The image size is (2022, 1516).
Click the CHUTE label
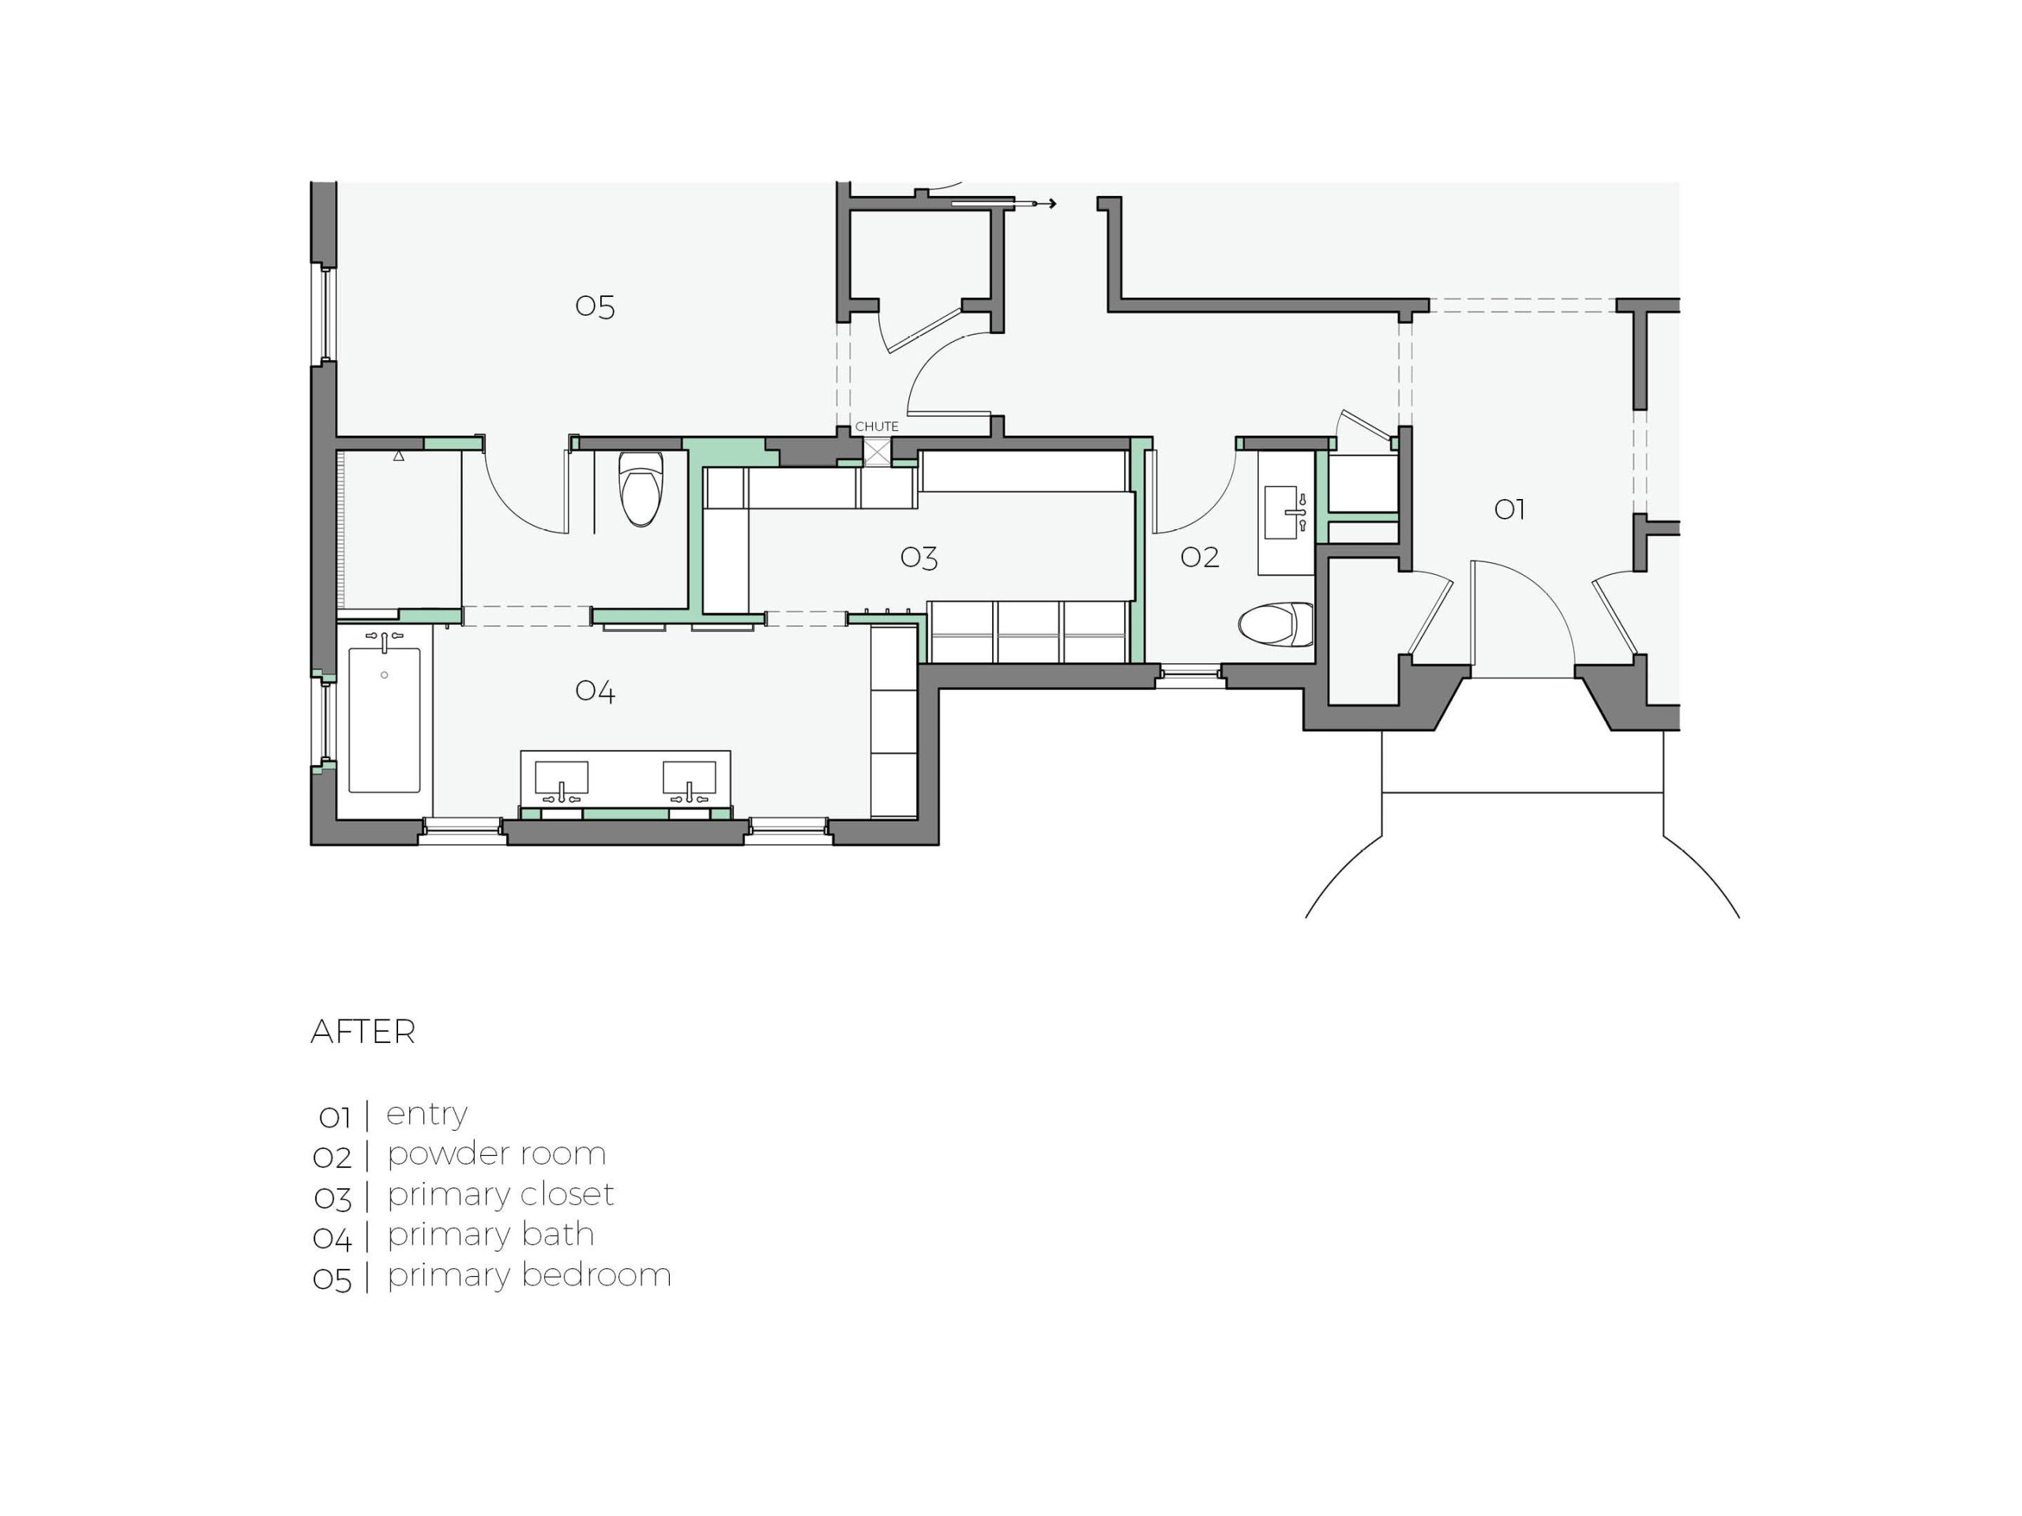(877, 426)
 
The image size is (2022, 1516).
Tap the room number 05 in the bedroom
(595, 307)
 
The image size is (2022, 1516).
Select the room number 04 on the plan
(595, 692)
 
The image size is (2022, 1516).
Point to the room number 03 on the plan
(919, 558)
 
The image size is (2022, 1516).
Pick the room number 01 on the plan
(1509, 510)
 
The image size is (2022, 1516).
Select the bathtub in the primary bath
(385, 720)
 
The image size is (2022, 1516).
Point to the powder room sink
(1286, 512)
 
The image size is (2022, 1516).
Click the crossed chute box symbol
(878, 452)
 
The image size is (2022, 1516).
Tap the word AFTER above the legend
(363, 1033)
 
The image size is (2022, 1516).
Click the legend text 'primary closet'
(500, 1195)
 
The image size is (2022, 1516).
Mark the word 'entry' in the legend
(427, 1115)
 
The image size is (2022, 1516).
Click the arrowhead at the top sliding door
(1052, 204)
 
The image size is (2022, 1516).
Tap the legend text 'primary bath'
(490, 1236)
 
